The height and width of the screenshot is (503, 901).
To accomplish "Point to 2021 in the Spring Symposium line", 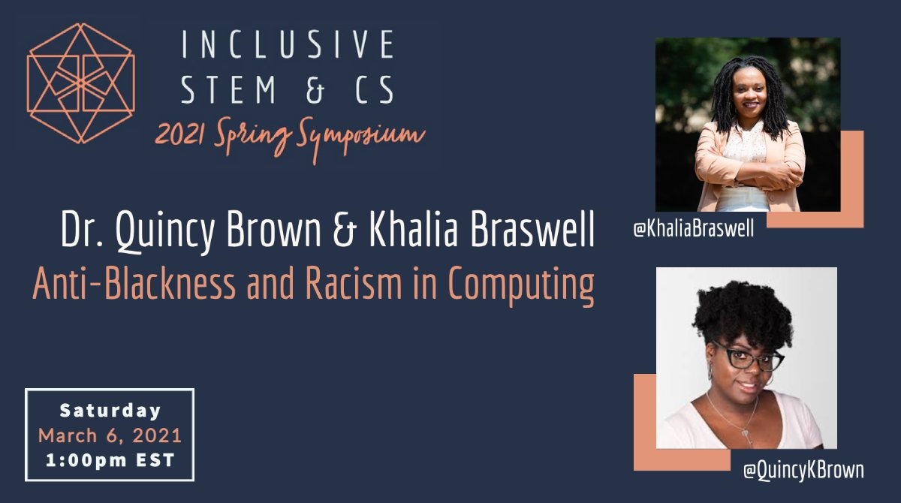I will [x=179, y=135].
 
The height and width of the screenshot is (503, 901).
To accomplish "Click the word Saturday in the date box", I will [x=110, y=411].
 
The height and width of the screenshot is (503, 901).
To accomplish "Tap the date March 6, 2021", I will [x=110, y=435].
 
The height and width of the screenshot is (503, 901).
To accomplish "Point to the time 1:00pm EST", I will [x=110, y=460].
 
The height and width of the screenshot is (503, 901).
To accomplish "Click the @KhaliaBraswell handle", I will [x=694, y=230].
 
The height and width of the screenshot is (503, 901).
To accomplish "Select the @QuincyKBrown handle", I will [x=803, y=471].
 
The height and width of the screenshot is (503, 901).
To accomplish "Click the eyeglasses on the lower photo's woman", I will [x=746, y=358].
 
